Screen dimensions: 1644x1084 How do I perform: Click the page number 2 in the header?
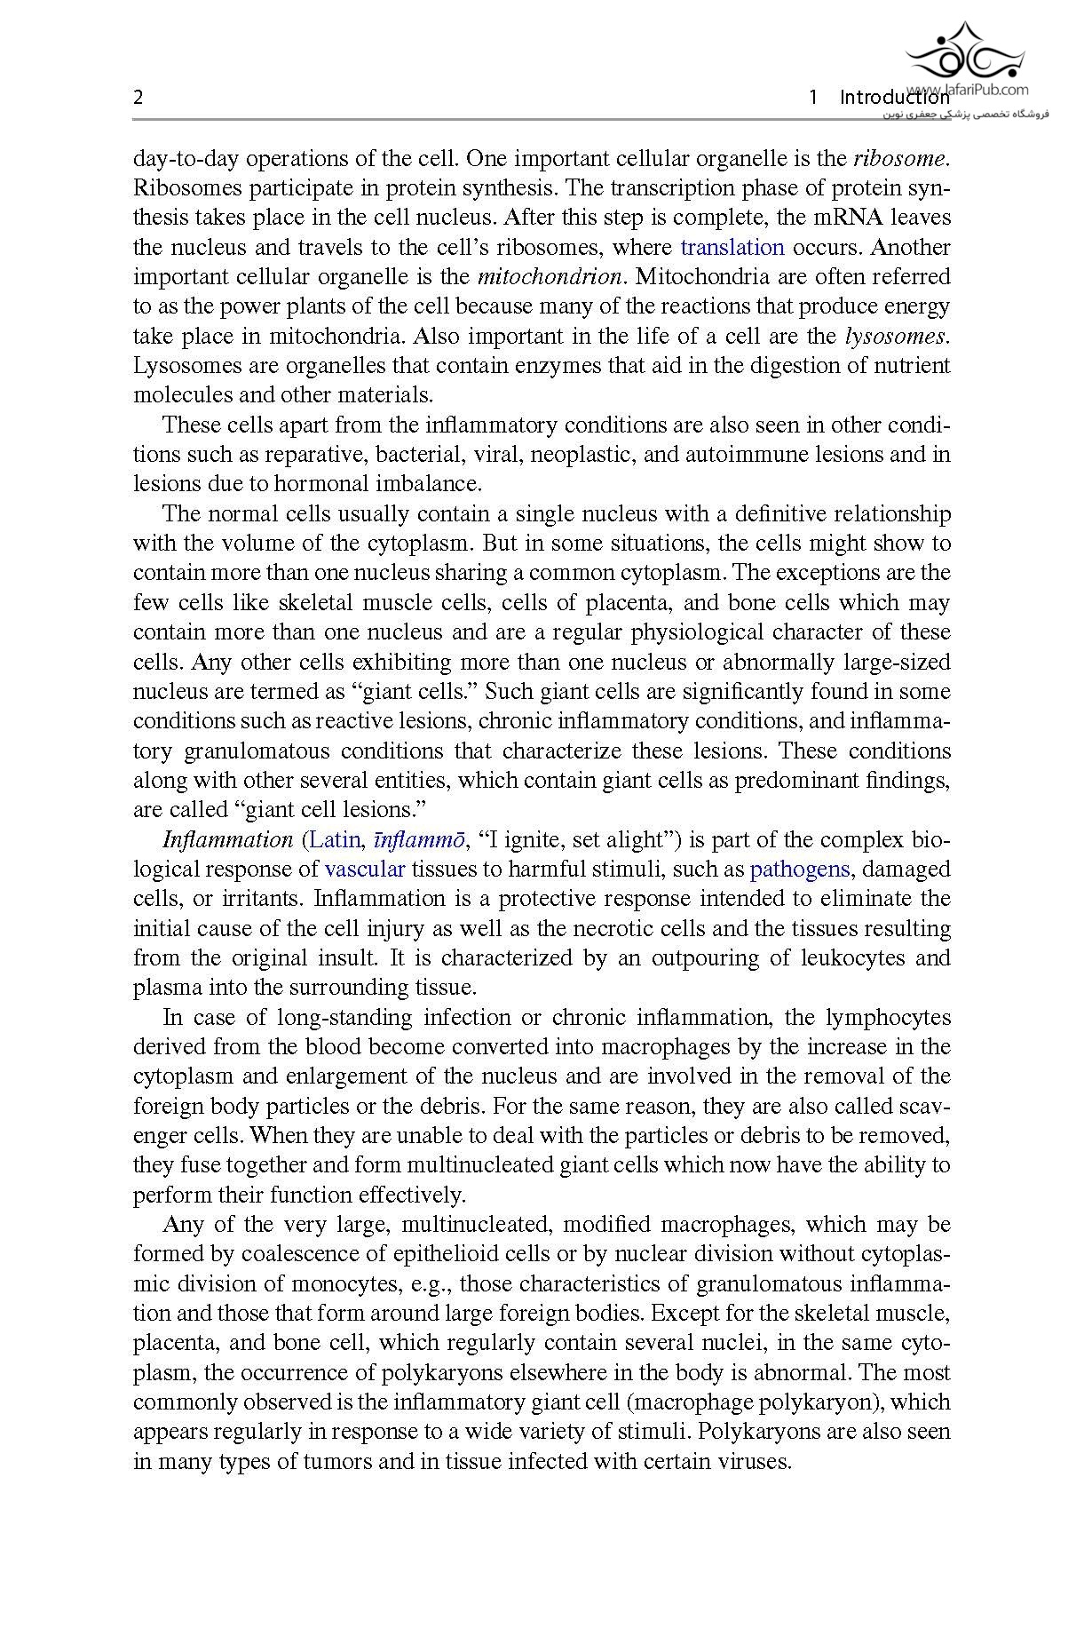tap(138, 98)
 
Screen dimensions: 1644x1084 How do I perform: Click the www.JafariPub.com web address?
tap(969, 89)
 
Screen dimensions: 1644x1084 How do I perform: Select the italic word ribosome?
tap(900, 159)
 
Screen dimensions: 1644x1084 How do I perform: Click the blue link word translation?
tap(732, 247)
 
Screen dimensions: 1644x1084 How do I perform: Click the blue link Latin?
tap(335, 839)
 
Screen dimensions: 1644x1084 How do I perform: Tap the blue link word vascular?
tap(365, 869)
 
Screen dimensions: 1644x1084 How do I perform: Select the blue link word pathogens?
tap(800, 869)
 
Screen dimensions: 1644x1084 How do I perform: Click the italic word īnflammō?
tap(420, 839)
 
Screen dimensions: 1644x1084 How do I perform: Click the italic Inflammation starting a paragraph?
tap(228, 839)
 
